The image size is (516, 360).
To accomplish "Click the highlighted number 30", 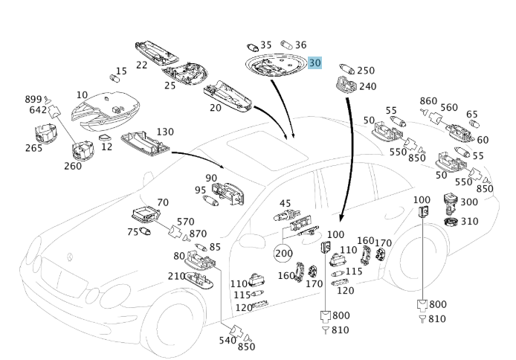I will coord(315,64).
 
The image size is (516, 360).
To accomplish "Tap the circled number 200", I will coord(283,253).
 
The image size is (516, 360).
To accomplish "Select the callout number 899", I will coord(34,99).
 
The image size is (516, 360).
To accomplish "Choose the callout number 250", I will coord(366,71).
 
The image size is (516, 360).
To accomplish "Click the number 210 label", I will coord(176,277).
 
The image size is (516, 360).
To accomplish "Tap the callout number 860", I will coord(428,100).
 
